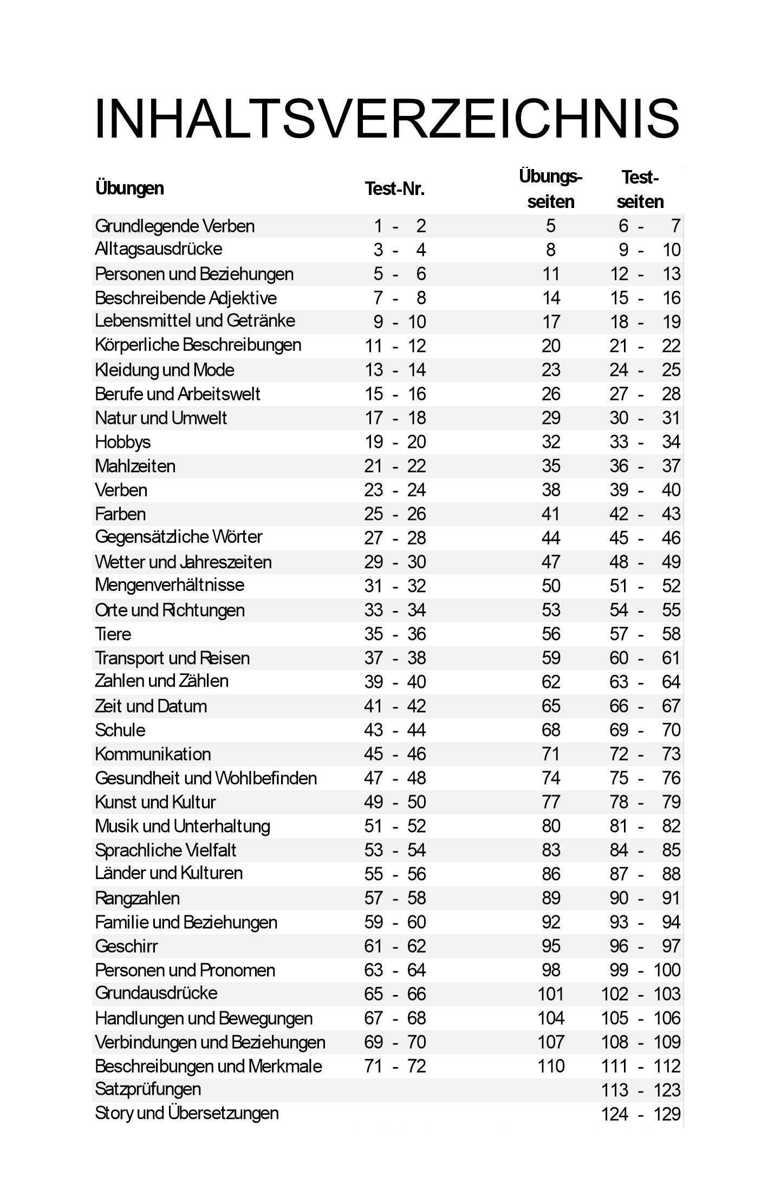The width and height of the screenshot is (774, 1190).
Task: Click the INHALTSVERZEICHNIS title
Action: [x=387, y=119]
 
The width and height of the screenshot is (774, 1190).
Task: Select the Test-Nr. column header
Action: [x=394, y=188]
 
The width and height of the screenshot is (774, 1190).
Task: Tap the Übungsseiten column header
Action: [x=550, y=189]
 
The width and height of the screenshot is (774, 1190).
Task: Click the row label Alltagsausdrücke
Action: [x=158, y=249]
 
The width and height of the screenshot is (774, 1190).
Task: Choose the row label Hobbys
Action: [x=123, y=442]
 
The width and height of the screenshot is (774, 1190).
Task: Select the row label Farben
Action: [x=120, y=513]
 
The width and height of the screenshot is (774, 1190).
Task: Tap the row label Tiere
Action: [x=113, y=634]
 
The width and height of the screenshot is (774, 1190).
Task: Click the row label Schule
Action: [x=120, y=730]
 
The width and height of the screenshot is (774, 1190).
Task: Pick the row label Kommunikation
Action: [x=153, y=754]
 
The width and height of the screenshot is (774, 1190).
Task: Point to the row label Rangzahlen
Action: [x=137, y=898]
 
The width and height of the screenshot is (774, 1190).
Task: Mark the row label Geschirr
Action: [x=126, y=946]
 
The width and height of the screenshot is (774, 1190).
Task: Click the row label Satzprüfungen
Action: [x=148, y=1089]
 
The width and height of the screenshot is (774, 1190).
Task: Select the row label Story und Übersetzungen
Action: [x=187, y=1113]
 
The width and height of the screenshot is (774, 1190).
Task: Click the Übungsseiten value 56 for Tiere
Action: [x=551, y=634]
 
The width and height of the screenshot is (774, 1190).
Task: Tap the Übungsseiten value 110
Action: [x=551, y=1066]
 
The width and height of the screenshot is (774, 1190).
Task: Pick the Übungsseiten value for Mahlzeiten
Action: [x=551, y=466]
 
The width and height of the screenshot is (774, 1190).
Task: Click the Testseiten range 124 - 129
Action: [x=640, y=1114]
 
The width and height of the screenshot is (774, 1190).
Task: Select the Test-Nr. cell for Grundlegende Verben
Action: [x=399, y=226]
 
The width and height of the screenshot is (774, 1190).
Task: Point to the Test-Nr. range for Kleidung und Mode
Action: [x=395, y=370]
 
